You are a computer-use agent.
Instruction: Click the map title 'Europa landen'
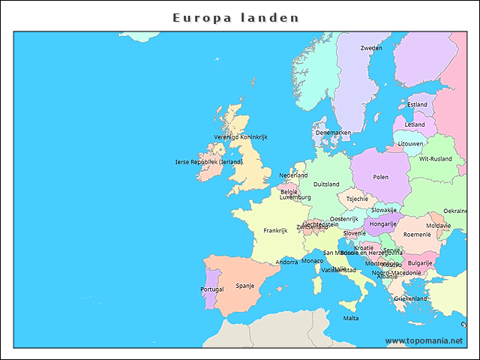[235, 17]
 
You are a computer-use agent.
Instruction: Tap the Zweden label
[370, 48]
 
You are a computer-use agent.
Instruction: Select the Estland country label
[417, 105]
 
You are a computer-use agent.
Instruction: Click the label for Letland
[415, 125]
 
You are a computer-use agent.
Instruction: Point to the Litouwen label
[410, 143]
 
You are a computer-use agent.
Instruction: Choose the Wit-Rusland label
[435, 159]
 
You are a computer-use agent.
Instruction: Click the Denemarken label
[333, 133]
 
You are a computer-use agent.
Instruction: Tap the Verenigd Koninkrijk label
[241, 137]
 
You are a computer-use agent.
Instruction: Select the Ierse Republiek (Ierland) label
[209, 161]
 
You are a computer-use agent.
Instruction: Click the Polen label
[381, 178]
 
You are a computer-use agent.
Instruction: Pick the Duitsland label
[326, 184]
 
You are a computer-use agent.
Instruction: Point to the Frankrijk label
[275, 231]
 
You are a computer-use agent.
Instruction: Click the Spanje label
[245, 286]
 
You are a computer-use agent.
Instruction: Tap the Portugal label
[212, 289]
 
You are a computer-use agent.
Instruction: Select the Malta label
[351, 318]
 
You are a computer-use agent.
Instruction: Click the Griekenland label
[410, 298]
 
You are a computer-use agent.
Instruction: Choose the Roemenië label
[417, 235]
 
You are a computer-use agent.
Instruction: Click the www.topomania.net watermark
[424, 340]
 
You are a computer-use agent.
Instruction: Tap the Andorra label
[286, 262]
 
